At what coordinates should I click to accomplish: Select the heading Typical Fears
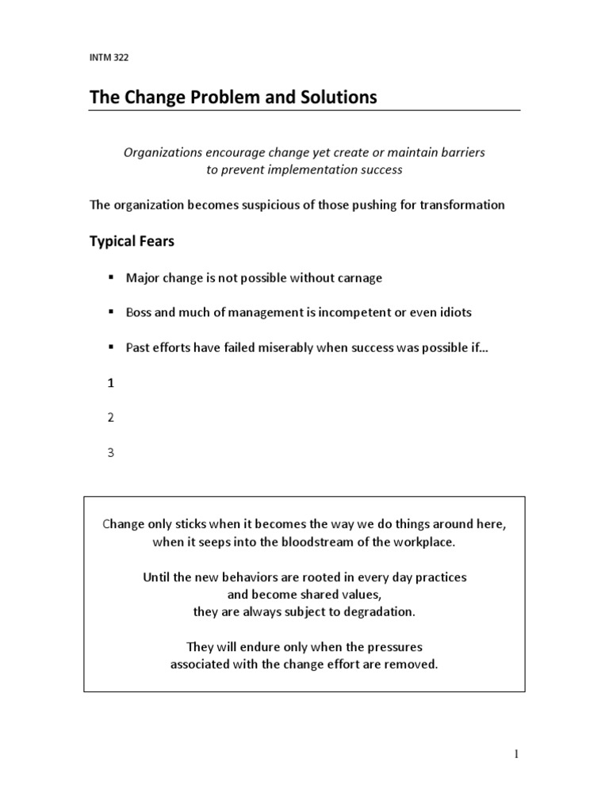[x=132, y=241]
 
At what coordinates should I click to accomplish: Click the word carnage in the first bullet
[x=361, y=278]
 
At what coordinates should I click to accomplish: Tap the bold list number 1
[x=111, y=383]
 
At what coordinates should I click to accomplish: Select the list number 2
[x=111, y=418]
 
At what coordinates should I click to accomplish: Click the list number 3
[x=111, y=453]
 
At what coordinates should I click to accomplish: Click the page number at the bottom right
[x=516, y=755]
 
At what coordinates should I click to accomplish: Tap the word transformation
[x=465, y=205]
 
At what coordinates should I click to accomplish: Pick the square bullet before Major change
[x=110, y=278]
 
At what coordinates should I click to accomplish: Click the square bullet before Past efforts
[x=110, y=347]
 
